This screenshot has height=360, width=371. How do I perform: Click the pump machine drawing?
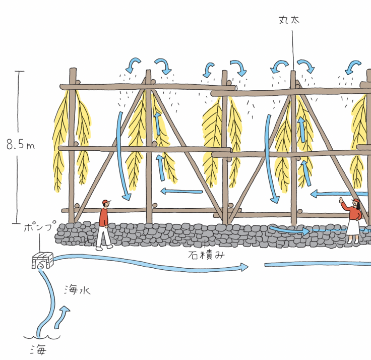tap(42, 261)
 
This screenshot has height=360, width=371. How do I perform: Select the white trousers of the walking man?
tap(104, 235)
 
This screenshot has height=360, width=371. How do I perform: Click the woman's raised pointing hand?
tap(343, 200)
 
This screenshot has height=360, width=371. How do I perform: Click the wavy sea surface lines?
tap(42, 337)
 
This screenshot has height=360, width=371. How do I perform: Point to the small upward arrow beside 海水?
tap(64, 315)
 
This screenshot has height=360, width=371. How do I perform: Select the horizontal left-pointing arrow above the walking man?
tap(181, 191)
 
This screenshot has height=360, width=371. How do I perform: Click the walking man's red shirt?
tap(104, 217)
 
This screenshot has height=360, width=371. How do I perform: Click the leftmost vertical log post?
tap(72, 146)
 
